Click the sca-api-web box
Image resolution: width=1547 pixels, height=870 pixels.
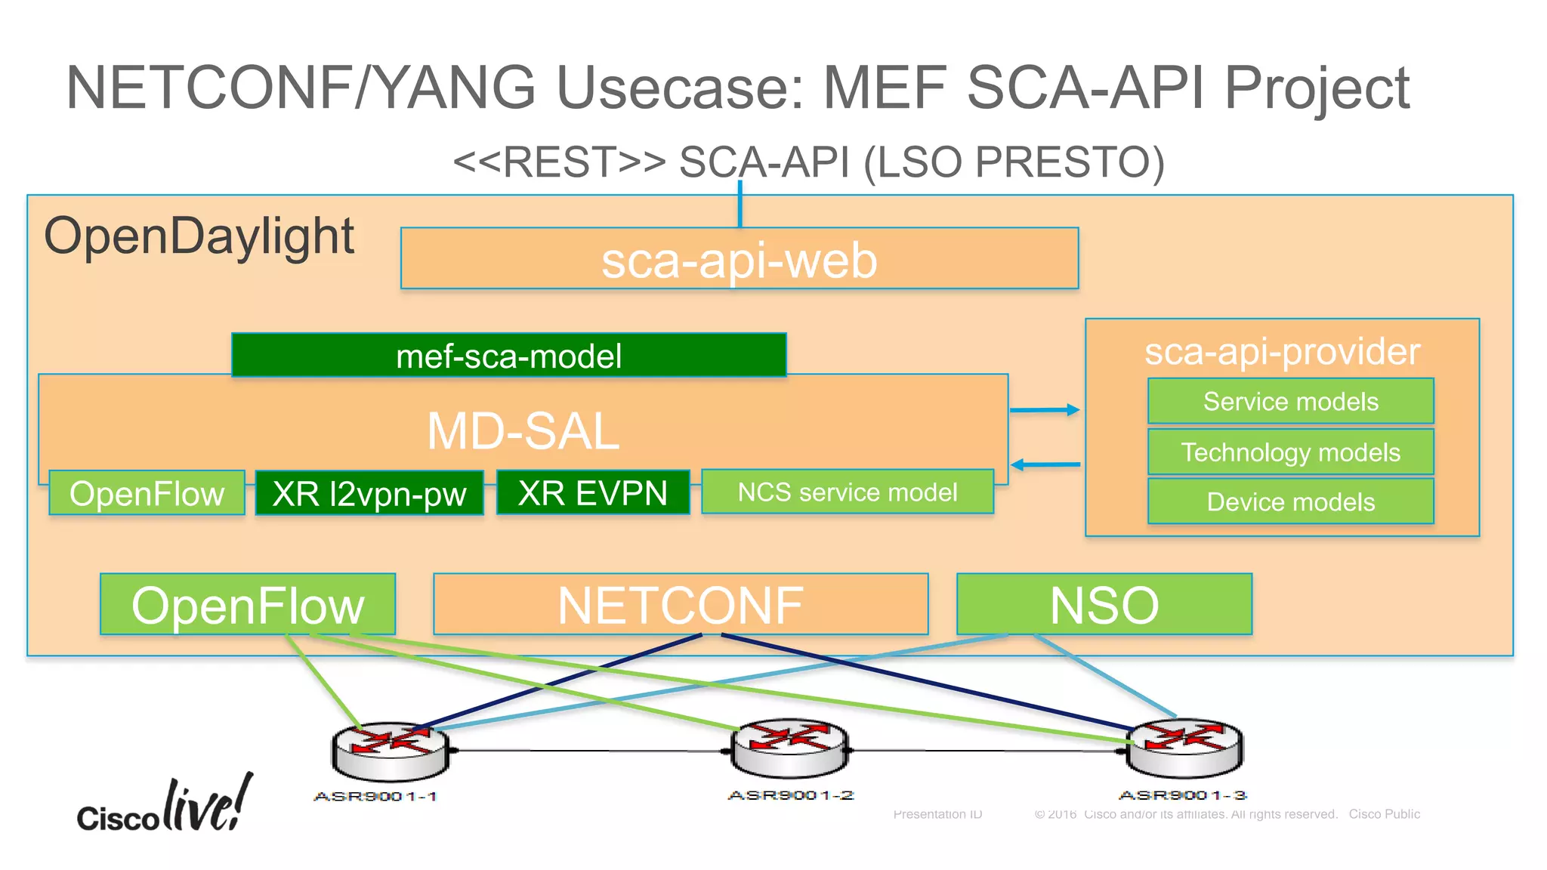point(739,259)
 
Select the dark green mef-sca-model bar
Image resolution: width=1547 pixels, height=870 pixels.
point(508,356)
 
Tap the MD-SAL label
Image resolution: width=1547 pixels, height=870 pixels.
point(523,431)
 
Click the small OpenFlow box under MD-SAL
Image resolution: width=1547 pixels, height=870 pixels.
point(147,493)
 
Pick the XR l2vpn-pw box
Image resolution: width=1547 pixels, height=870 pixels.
point(369,493)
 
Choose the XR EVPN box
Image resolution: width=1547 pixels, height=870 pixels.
point(593,492)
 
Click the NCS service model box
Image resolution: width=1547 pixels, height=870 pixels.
point(847,492)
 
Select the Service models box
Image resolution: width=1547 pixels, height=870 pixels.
point(1290,401)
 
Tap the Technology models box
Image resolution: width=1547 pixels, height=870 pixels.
point(1290,452)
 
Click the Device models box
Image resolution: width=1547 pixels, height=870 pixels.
point(1290,501)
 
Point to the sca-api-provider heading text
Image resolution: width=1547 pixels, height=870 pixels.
point(1282,351)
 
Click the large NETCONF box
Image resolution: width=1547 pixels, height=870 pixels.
point(680,604)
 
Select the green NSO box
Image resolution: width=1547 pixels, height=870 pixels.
point(1104,604)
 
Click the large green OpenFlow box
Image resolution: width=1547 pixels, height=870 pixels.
point(248,604)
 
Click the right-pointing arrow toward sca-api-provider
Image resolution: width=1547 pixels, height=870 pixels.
point(1045,410)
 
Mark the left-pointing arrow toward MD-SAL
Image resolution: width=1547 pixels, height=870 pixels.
point(1045,464)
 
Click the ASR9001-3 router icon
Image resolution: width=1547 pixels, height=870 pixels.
point(1184,748)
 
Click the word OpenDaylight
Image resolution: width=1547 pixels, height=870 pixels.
point(199,236)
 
